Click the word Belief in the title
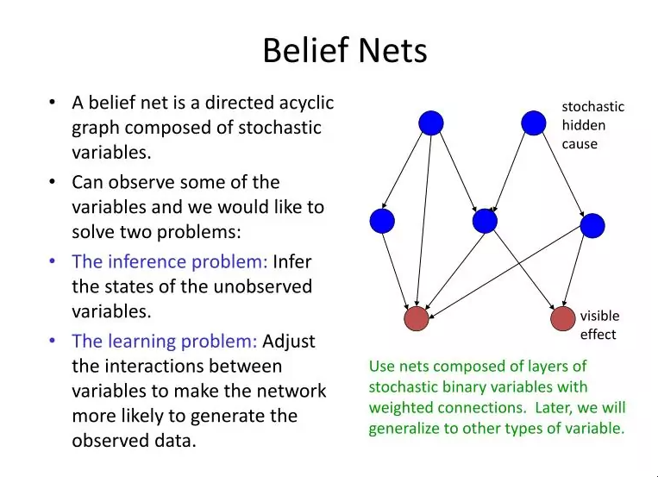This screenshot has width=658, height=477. (305, 50)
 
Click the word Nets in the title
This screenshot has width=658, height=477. (392, 51)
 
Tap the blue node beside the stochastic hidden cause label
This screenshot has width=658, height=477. (533, 123)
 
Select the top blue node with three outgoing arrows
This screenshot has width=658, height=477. (431, 123)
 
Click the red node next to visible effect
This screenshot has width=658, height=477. (563, 318)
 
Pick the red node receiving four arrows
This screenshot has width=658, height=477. (417, 318)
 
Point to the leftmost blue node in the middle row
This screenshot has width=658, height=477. (382, 221)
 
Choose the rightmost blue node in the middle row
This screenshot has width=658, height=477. (592, 225)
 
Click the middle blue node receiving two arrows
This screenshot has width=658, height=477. (485, 221)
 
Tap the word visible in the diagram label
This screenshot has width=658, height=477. (599, 316)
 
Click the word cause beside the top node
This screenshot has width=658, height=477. (580, 144)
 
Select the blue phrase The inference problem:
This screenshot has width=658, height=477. (170, 261)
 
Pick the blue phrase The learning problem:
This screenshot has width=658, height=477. (165, 341)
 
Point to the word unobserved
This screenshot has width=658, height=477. (263, 286)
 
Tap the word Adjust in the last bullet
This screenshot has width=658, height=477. (289, 342)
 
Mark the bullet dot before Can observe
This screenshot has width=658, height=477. (52, 182)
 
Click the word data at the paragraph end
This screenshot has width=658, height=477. (174, 441)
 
